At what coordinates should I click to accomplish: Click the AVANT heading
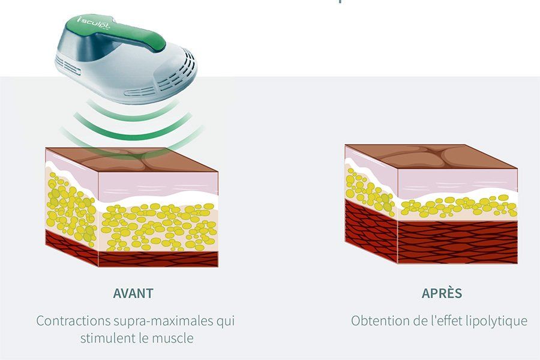[133, 293]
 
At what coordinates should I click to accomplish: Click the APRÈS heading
[442, 293]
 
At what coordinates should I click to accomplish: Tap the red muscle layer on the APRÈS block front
[457, 242]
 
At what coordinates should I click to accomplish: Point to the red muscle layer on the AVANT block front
[158, 259]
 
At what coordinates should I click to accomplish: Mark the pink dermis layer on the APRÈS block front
[457, 180]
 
